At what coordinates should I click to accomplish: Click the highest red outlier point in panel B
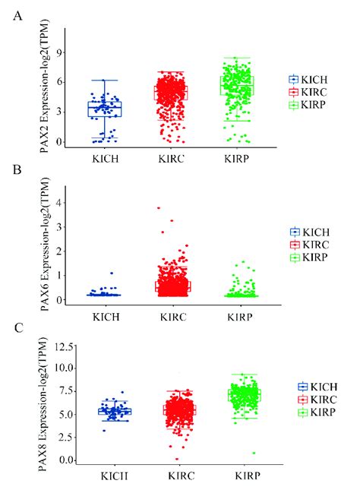coord(158,208)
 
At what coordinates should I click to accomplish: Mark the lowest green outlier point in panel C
coord(254,453)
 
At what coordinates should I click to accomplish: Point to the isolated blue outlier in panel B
coord(112,273)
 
